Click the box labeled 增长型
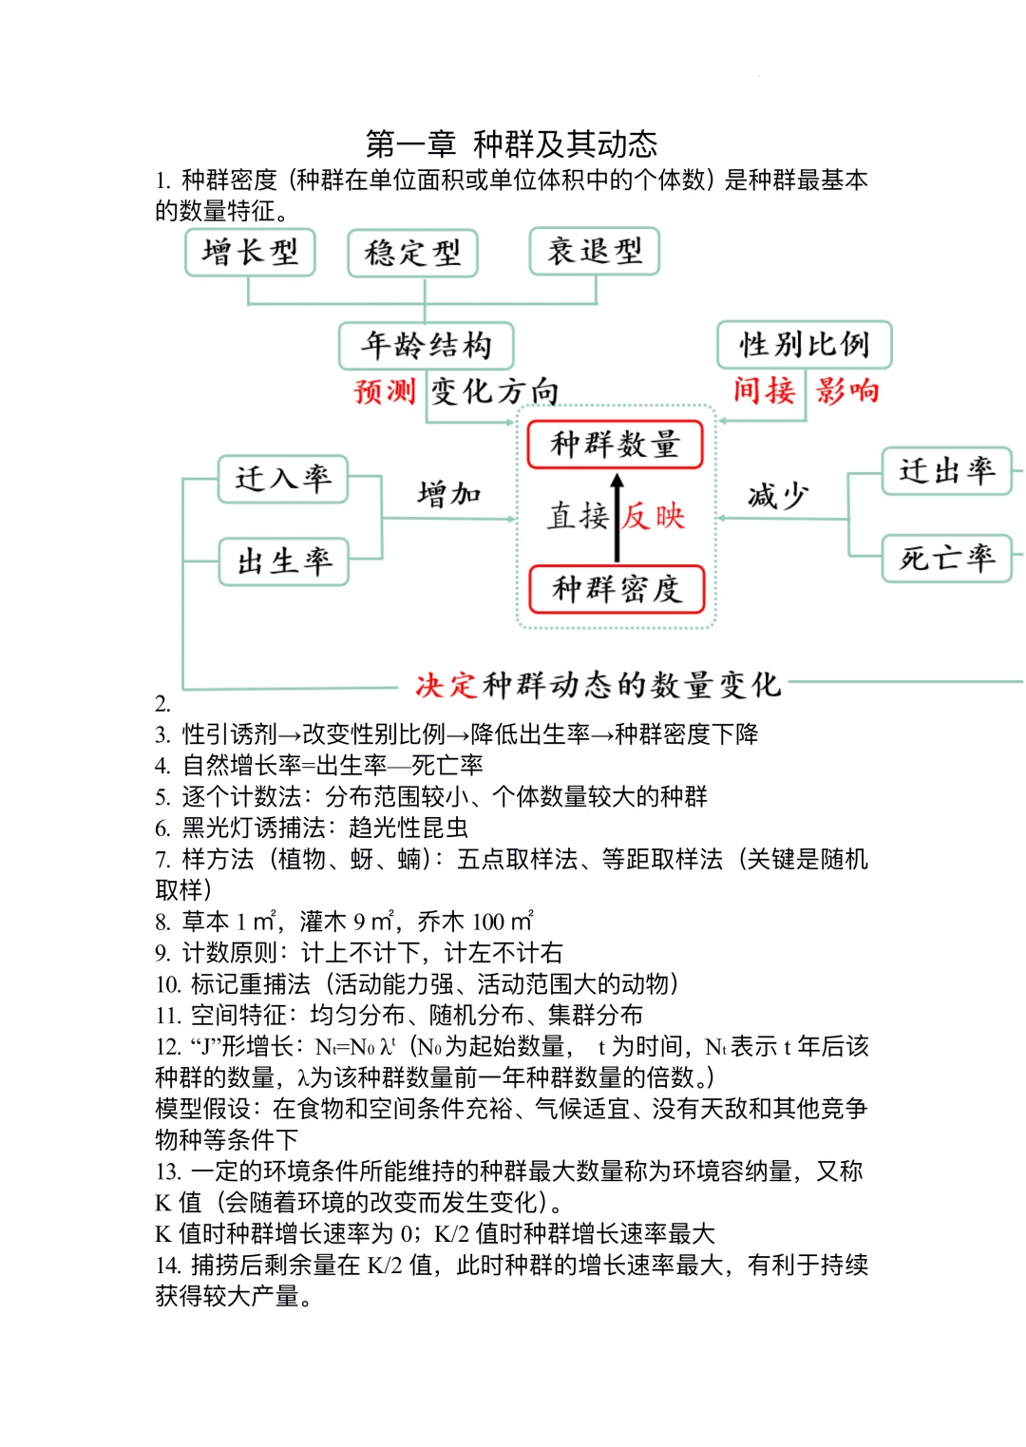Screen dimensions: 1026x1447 click(x=250, y=253)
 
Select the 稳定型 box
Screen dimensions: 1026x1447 click(x=412, y=254)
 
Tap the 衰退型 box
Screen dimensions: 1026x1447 click(x=594, y=252)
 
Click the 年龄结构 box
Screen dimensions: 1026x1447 click(x=426, y=346)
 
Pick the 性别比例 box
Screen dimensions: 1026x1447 click(x=804, y=345)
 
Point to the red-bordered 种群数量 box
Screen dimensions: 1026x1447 click(x=615, y=445)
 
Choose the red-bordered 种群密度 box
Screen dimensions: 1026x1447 click(x=616, y=589)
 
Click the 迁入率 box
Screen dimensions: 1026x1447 click(x=283, y=479)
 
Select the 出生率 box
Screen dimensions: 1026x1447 click(x=283, y=562)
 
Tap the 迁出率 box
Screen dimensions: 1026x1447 click(x=946, y=471)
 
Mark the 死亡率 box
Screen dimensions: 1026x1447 click(x=946, y=558)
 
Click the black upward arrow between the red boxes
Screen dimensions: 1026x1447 click(x=617, y=517)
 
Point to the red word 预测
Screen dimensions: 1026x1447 click(x=385, y=390)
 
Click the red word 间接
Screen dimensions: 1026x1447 click(x=764, y=390)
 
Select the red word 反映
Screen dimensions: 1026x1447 click(x=654, y=516)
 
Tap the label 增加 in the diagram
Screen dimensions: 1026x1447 click(x=448, y=494)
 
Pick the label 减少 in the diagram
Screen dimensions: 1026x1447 click(x=778, y=495)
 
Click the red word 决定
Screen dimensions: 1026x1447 click(x=446, y=685)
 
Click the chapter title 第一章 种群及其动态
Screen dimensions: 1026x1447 click(x=511, y=144)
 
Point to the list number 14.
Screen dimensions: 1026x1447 click(x=168, y=1266)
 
